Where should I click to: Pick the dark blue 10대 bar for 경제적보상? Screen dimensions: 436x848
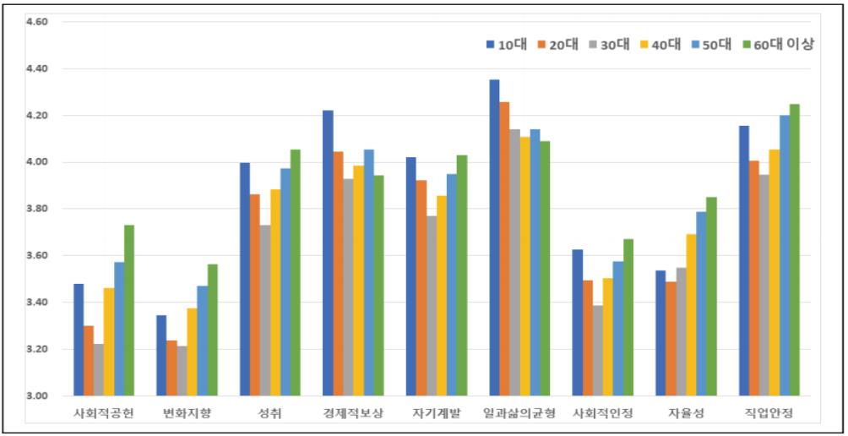click(x=328, y=253)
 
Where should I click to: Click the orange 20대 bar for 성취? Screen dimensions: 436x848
click(x=255, y=295)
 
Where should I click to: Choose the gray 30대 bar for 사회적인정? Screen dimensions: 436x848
click(x=598, y=351)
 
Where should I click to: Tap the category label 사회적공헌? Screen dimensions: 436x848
click(x=104, y=413)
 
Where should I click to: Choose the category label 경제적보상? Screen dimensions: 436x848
click(x=353, y=413)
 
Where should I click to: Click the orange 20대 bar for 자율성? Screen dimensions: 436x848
click(x=671, y=338)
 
